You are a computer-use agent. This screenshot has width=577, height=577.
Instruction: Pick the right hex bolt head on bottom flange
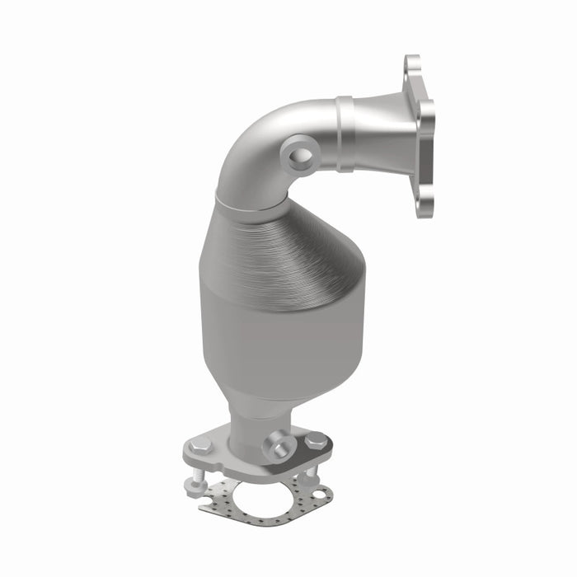(x=314, y=442)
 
